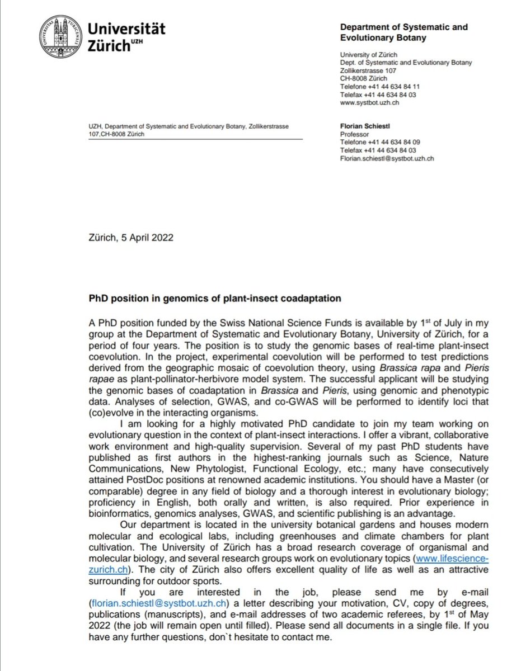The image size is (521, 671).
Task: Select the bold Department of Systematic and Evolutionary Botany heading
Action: coord(403,32)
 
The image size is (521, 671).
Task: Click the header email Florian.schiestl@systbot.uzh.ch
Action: coord(387,158)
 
